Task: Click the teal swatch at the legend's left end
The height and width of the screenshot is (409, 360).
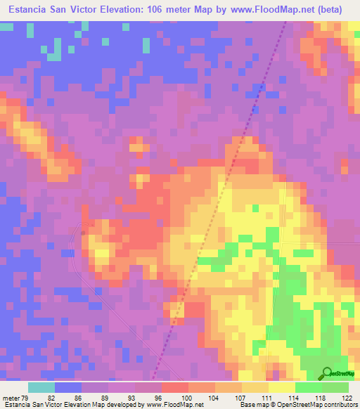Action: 41,387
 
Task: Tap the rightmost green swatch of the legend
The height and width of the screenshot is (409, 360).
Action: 335,387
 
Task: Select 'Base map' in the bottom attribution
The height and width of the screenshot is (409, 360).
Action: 252,405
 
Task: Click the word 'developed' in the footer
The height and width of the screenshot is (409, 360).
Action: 120,405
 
